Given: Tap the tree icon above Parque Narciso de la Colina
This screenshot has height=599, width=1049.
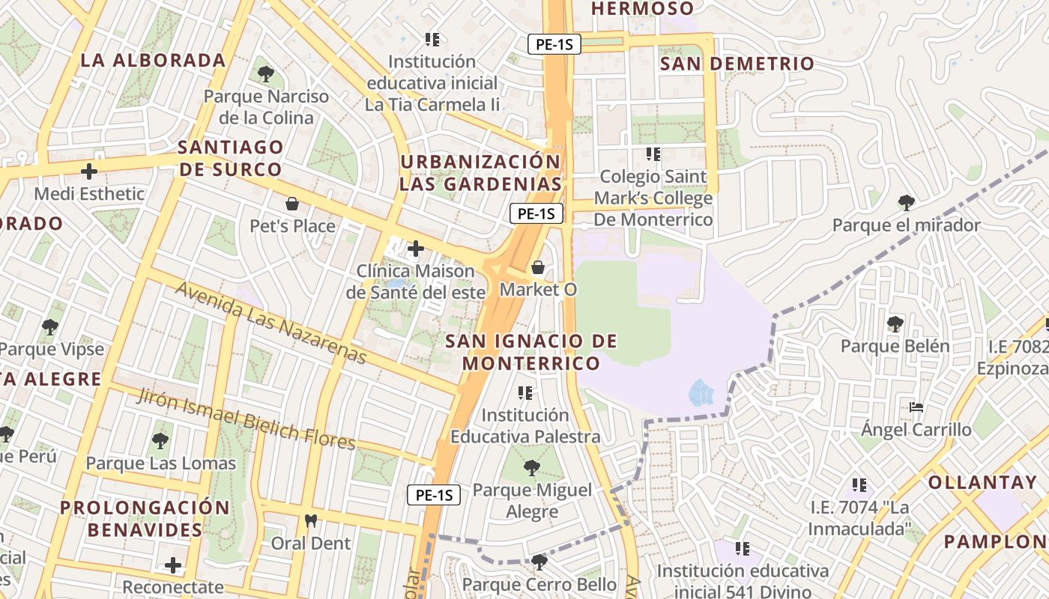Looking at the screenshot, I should (x=265, y=73).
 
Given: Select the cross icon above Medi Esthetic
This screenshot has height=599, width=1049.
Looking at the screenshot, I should (x=89, y=171).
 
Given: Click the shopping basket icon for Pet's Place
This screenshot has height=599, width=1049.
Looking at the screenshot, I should (x=292, y=204).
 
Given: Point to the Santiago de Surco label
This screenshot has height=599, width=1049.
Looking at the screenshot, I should (x=231, y=158).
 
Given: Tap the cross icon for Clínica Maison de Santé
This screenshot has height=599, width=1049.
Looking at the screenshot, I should (x=415, y=249).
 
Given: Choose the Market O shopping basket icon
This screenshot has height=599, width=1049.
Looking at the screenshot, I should (x=537, y=267).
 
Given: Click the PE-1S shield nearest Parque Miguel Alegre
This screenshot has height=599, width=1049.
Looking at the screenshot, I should (x=434, y=495).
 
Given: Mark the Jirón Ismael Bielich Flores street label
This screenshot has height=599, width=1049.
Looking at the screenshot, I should (x=245, y=419).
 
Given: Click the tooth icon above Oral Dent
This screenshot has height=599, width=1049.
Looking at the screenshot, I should (x=310, y=520).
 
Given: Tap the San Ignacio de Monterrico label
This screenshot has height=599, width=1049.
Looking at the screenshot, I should (x=531, y=352).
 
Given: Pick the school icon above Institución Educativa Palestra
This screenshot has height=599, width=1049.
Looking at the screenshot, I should (x=525, y=392).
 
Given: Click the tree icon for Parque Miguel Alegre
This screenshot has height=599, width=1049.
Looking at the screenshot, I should (x=532, y=468).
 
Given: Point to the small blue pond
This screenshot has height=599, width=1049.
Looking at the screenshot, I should (x=701, y=392).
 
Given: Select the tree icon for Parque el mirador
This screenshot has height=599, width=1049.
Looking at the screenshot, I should (x=906, y=202).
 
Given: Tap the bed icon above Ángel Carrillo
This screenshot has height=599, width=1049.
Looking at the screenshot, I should (x=916, y=408).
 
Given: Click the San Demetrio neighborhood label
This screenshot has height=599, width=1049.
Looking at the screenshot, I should (x=737, y=64).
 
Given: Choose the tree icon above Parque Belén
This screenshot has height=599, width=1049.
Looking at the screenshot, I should (x=895, y=324).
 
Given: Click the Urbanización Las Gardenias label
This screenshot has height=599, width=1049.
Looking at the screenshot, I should (x=480, y=173).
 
